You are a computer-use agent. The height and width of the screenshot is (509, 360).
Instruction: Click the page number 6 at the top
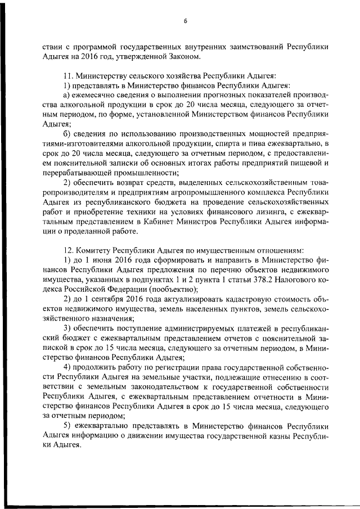[x=184, y=21]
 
